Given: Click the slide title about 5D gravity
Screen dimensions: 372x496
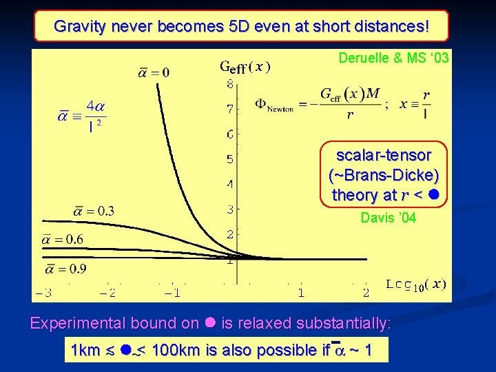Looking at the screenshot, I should pyautogui.click(x=241, y=26).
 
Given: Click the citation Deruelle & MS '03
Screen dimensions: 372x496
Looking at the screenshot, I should pyautogui.click(x=393, y=59).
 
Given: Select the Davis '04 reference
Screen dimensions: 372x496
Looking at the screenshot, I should pyautogui.click(x=388, y=218).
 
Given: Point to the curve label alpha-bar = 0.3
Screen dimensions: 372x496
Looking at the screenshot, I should pyautogui.click(x=92, y=211).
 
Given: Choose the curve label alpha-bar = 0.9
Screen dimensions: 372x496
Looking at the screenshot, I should pyautogui.click(x=68, y=269).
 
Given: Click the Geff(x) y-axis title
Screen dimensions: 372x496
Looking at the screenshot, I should pyautogui.click(x=245, y=67).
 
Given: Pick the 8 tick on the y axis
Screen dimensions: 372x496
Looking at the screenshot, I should pyautogui.click(x=230, y=85).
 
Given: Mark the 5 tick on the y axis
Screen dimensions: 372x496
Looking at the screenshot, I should pyautogui.click(x=230, y=159).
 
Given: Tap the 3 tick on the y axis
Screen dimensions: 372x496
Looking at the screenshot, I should pyautogui.click(x=230, y=209).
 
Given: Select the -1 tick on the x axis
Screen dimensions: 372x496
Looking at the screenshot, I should pyautogui.click(x=172, y=293).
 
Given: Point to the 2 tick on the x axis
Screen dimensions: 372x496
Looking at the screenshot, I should pyautogui.click(x=365, y=293).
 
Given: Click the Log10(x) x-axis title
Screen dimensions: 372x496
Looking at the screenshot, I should pyautogui.click(x=415, y=285).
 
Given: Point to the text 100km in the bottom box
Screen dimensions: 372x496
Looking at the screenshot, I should pyautogui.click(x=176, y=350).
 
